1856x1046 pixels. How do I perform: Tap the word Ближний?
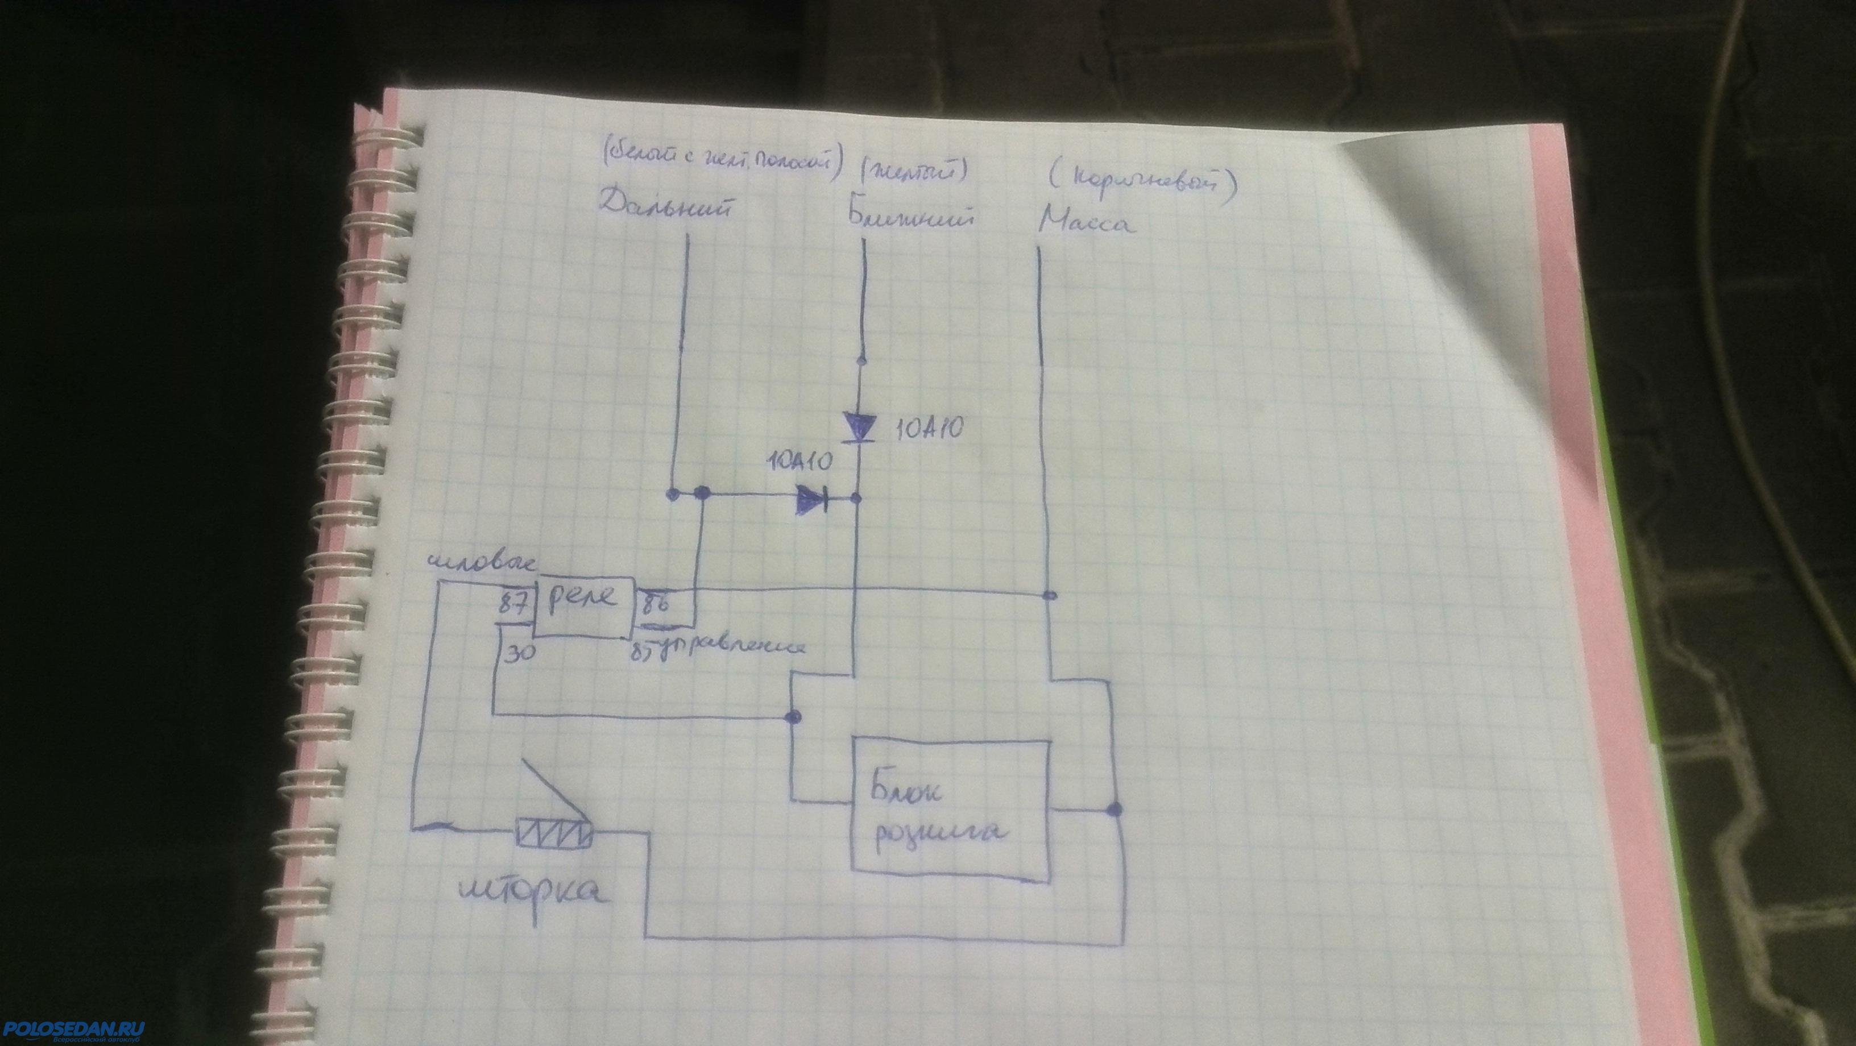(909, 218)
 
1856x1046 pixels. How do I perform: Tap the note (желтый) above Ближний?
(913, 173)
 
